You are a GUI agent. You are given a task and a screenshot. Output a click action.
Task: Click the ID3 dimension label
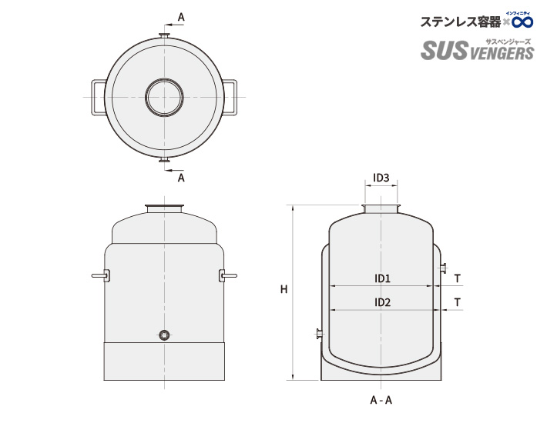click(381, 178)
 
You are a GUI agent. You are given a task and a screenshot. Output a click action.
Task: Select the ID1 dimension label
click(383, 278)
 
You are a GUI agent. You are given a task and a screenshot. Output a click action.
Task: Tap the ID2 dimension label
click(383, 302)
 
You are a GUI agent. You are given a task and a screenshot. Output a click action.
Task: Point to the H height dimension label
click(284, 290)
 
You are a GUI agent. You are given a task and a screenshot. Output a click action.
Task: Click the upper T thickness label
click(458, 278)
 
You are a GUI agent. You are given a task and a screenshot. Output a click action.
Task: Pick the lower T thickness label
click(458, 302)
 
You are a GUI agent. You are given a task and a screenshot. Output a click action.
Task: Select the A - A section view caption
click(381, 401)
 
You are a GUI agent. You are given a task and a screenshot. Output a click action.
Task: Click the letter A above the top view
click(181, 16)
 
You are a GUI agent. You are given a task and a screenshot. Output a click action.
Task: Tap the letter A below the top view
click(181, 178)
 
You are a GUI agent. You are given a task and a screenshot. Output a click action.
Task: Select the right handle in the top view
click(233, 98)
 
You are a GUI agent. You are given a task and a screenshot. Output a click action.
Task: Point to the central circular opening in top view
click(164, 98)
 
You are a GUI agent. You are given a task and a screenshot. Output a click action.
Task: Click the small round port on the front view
click(164, 335)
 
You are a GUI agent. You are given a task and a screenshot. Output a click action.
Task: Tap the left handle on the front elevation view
click(100, 275)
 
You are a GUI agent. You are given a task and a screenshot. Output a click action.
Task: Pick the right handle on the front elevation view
click(228, 275)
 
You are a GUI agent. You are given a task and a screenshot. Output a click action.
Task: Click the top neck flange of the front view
click(164, 207)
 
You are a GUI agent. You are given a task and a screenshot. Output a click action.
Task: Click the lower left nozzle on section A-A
click(318, 334)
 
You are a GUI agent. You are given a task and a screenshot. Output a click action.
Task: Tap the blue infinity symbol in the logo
click(523, 22)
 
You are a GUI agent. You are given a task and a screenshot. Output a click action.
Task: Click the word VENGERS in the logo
click(501, 53)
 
